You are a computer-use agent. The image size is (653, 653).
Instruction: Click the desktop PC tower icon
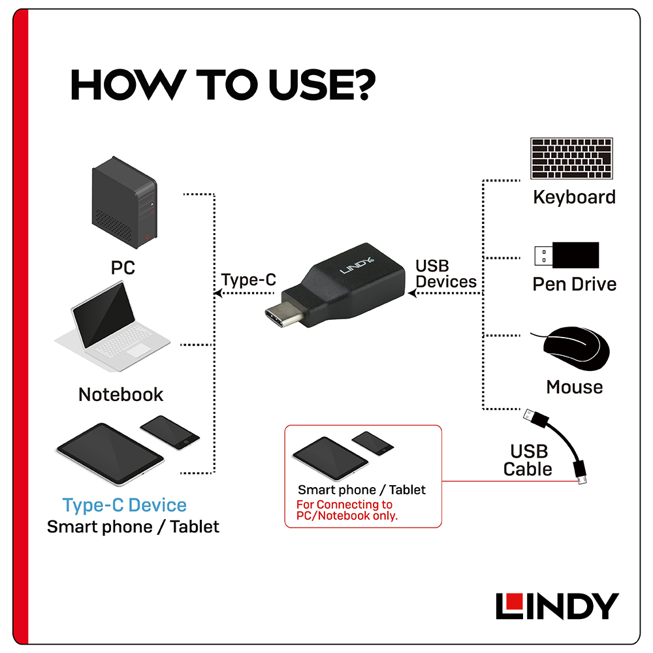(125, 202)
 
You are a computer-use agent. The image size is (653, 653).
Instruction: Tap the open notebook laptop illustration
(112, 326)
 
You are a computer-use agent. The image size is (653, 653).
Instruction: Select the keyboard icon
(571, 158)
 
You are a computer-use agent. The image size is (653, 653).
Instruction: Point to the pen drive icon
(567, 255)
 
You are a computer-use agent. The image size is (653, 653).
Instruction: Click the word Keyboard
(574, 197)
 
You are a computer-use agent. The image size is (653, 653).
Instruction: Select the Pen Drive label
(574, 285)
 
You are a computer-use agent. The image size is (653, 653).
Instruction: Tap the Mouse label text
(574, 387)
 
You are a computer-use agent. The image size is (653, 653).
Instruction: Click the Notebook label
(121, 394)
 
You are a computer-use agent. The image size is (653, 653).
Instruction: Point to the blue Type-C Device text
(125, 505)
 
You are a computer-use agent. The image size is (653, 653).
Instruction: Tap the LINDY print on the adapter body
(357, 266)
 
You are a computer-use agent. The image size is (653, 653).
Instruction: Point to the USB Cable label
(528, 460)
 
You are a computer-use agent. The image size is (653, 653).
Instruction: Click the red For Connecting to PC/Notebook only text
(347, 510)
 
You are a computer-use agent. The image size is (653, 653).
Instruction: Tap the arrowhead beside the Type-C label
(217, 293)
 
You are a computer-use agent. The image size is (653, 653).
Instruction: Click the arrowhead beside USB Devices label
(412, 293)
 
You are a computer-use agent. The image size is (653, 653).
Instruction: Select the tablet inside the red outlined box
(330, 458)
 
